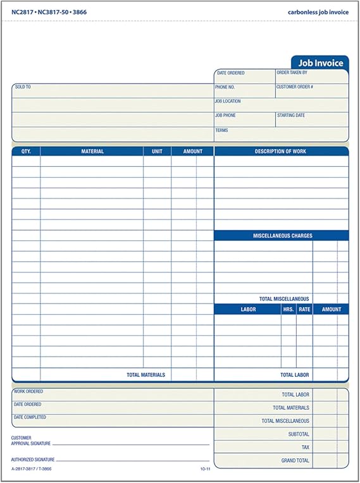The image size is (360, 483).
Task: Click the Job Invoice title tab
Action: pos(320,63)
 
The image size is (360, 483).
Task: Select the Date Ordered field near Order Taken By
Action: pos(244,76)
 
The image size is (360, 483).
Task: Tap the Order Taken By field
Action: pos(311,76)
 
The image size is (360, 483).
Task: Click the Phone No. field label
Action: pos(225,87)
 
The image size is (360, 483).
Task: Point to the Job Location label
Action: pos(228,101)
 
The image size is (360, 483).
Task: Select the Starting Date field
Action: pos(311,119)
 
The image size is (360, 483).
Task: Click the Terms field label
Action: pos(221,130)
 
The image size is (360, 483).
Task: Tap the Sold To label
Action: pos(23,87)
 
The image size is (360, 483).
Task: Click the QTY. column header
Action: pos(26,152)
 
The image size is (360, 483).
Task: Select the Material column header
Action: pos(92,152)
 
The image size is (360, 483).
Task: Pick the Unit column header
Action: pos(157,152)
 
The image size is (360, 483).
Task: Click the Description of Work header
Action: pos(280,152)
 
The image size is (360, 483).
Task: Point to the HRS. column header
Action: pos(288,310)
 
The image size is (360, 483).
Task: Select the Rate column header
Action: pos(304,310)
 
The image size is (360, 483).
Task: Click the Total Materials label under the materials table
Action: pos(146,375)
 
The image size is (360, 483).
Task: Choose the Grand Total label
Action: pos(295,461)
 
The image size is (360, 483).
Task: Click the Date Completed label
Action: pos(29,417)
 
